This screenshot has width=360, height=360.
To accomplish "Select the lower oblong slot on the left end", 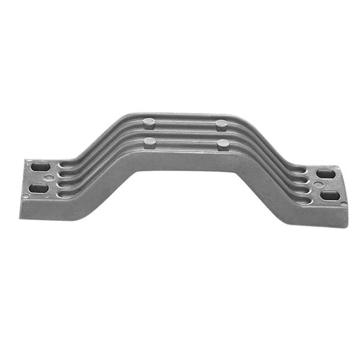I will (39, 188).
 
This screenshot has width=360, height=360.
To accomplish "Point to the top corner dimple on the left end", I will (28, 162).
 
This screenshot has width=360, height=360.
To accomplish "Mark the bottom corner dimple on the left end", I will (26, 197).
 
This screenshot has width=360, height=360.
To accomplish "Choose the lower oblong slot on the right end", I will (331, 196).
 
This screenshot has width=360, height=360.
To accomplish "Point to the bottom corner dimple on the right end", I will (343, 203).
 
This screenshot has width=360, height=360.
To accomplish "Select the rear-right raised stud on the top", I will (222, 124).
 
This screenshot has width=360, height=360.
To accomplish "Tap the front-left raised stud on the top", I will (150, 142).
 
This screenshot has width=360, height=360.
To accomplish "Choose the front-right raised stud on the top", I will (222, 144).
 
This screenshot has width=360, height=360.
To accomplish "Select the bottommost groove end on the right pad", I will (304, 201).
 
